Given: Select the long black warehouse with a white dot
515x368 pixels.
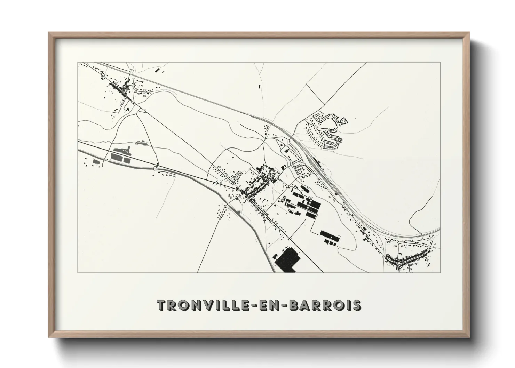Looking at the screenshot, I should (x=329, y=238).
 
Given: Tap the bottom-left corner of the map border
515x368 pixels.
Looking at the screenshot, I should (x=78, y=272).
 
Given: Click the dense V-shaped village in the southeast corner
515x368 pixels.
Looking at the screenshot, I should (x=407, y=259).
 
